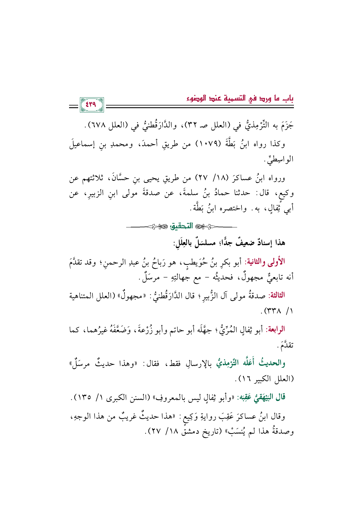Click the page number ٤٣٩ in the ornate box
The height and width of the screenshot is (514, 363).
[91, 105]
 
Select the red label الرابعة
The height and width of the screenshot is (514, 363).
[275, 329]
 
